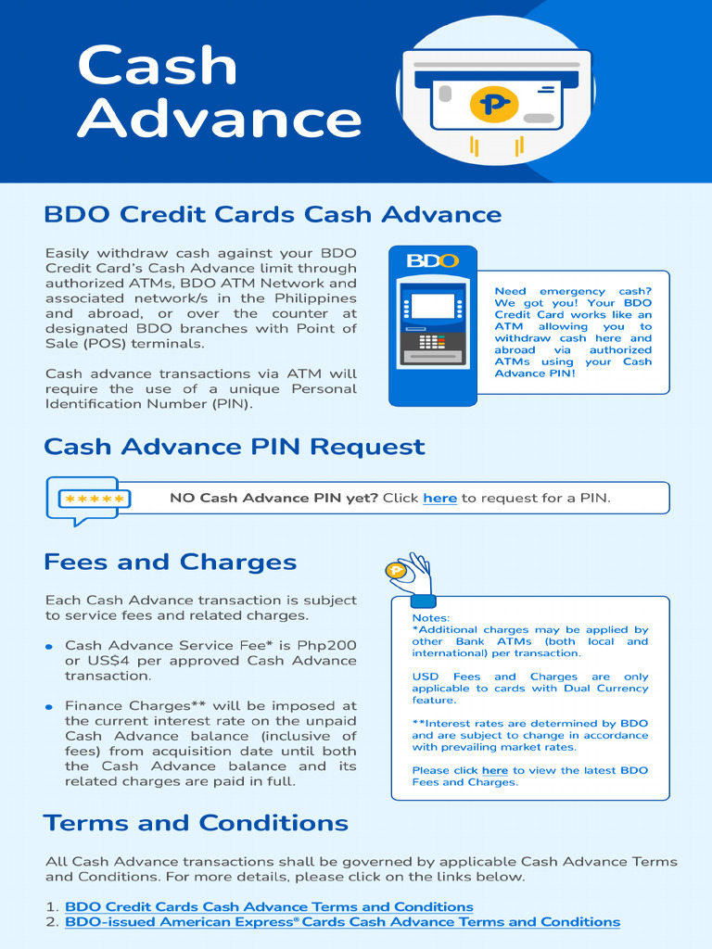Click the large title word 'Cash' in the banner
[158, 66]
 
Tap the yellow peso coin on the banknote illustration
[493, 101]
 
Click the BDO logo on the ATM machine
[433, 260]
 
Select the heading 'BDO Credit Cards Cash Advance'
[273, 215]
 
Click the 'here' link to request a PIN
[439, 499]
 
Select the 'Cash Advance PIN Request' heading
[234, 447]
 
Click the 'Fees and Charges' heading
[170, 563]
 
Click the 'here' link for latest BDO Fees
[494, 771]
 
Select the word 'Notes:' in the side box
[431, 618]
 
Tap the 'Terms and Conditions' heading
[196, 823]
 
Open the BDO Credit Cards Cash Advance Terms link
[269, 906]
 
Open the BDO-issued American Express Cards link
[342, 922]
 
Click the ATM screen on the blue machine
[432, 306]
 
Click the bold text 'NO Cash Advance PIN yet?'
[273, 499]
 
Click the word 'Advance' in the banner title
[220, 120]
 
